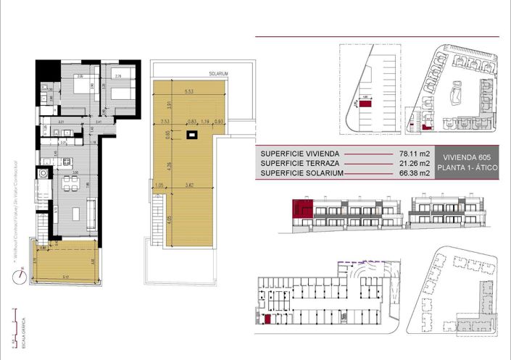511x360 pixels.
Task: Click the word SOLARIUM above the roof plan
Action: coord(218,74)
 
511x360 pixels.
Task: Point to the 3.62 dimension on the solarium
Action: coord(190,185)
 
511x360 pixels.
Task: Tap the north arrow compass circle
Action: coord(22,274)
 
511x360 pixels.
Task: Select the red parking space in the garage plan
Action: coord(267,319)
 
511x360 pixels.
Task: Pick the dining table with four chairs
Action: coord(70,181)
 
